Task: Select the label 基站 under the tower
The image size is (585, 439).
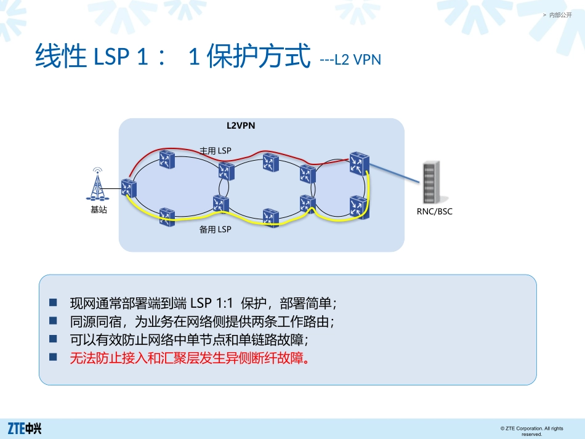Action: pyautogui.click(x=99, y=209)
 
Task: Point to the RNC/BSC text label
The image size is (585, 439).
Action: pyautogui.click(x=434, y=212)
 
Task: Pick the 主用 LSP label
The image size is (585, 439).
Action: pyautogui.click(x=215, y=150)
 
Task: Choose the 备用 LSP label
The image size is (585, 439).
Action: pyautogui.click(x=215, y=230)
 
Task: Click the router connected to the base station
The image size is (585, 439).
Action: pyautogui.click(x=129, y=187)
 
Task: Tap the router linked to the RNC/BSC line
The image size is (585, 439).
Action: pyautogui.click(x=358, y=163)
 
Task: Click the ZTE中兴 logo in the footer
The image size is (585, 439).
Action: pyautogui.click(x=25, y=428)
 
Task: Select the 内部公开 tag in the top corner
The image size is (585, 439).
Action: pyautogui.click(x=560, y=15)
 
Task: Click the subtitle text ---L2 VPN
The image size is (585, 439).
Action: pyautogui.click(x=351, y=60)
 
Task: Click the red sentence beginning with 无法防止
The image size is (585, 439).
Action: pyautogui.click(x=189, y=358)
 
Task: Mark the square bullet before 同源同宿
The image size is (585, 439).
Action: pyautogui.click(x=53, y=321)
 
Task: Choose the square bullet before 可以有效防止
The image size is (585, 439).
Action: pyautogui.click(x=53, y=339)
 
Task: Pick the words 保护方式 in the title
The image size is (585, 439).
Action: pyautogui.click(x=257, y=57)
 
